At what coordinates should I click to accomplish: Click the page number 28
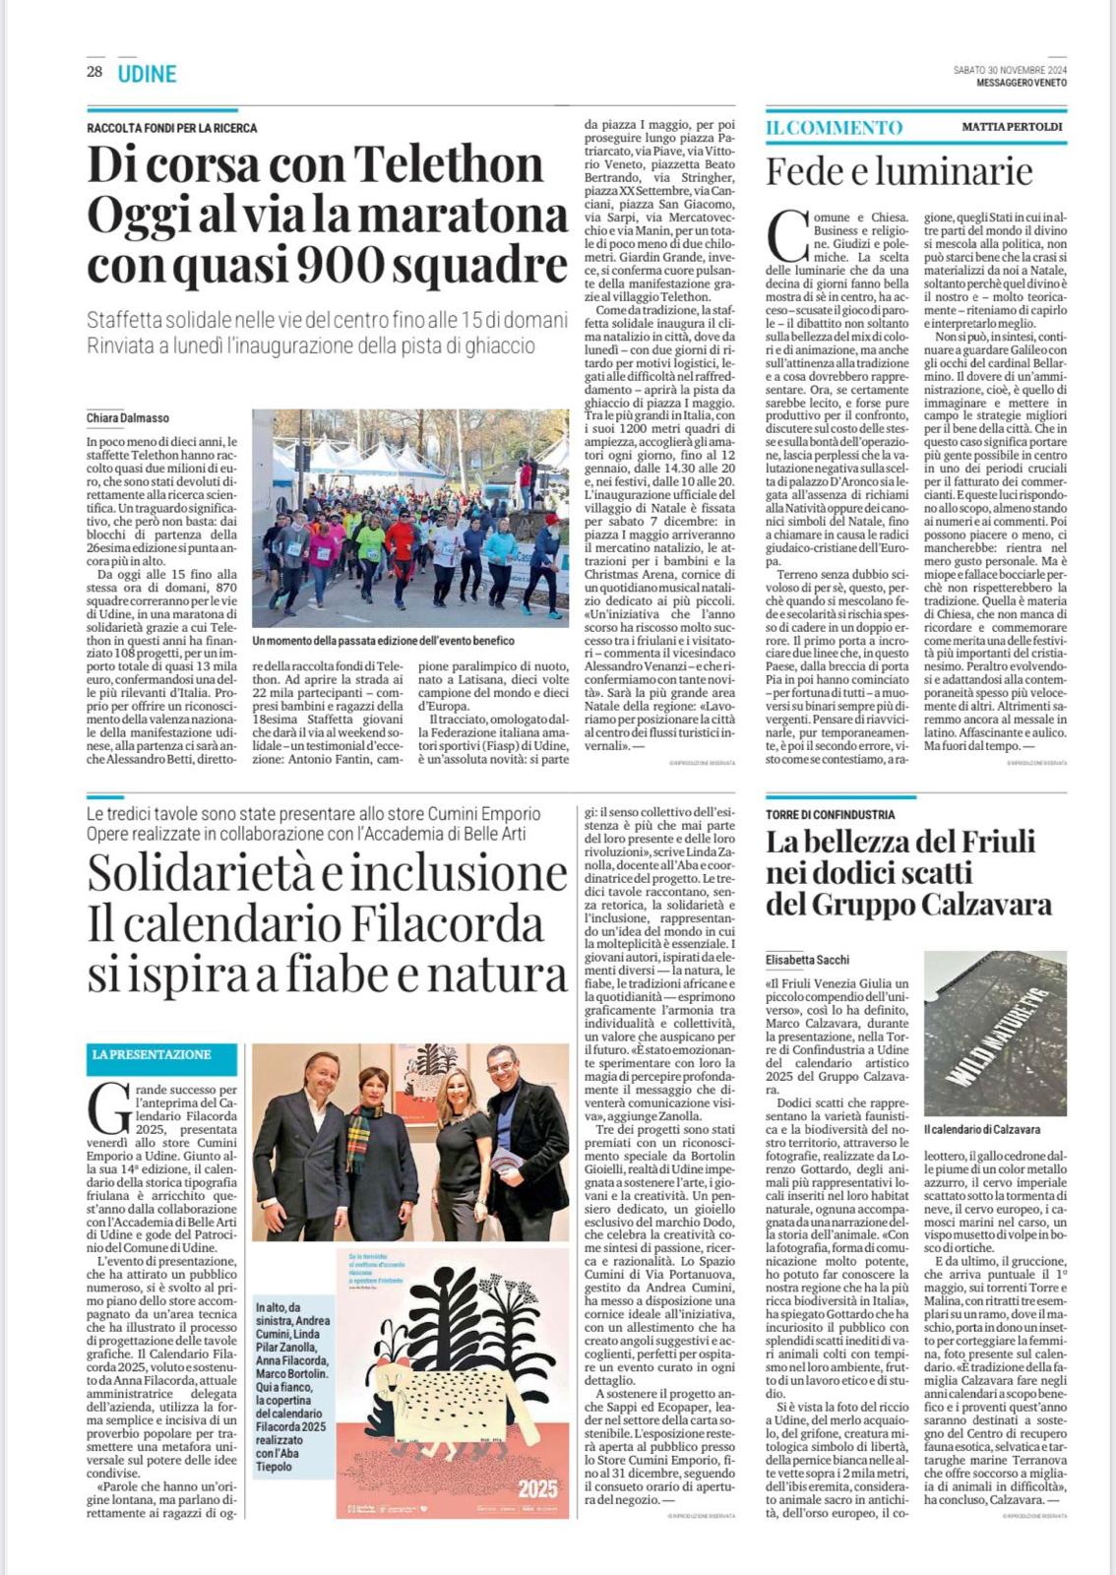(94, 72)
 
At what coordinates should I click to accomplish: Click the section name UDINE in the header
(147, 74)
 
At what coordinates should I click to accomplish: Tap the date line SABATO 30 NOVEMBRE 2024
(1010, 70)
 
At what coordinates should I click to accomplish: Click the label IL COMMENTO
(835, 127)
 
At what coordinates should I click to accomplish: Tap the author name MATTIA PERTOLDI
(1013, 127)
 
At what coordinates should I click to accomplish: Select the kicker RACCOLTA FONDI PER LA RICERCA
(172, 128)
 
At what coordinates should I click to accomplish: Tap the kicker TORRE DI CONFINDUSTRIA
(831, 814)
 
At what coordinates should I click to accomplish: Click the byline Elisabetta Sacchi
(808, 960)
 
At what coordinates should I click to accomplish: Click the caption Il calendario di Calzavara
(982, 1129)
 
